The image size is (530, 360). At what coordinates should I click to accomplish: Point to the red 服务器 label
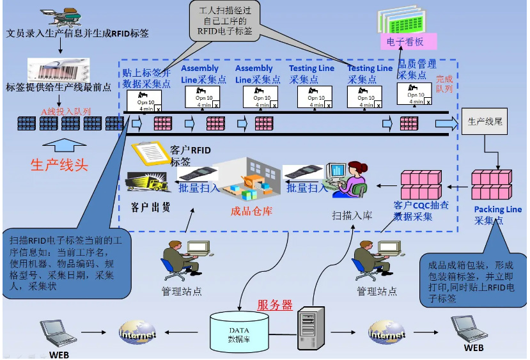coord(274,305)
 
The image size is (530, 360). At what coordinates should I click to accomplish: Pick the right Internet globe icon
coord(386,333)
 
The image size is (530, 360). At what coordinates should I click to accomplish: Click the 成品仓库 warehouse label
coord(251,211)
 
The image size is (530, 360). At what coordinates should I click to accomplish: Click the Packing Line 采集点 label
coord(497,215)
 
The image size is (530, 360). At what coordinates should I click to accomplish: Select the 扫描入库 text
coord(351,215)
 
